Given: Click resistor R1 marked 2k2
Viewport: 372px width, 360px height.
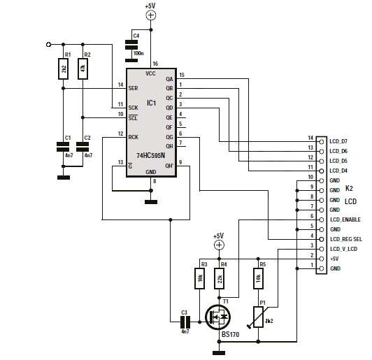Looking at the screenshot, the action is click(64, 69).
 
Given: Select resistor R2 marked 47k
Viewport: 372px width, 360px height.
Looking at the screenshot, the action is click(83, 69).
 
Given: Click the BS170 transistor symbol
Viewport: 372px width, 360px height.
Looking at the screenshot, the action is click(217, 317).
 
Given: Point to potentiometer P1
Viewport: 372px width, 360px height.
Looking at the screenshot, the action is click(258, 317).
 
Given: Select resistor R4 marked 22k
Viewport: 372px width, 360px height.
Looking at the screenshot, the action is click(220, 279).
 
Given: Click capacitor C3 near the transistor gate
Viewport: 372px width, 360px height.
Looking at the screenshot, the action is click(185, 322).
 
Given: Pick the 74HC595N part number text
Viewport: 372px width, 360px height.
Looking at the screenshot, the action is click(150, 156).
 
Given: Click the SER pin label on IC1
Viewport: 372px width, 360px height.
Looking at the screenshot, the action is click(133, 88).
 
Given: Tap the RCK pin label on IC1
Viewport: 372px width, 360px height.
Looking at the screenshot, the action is click(134, 137).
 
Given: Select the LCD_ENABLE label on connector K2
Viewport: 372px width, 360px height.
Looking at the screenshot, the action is click(345, 219).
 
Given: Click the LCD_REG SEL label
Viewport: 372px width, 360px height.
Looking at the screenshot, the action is click(346, 239).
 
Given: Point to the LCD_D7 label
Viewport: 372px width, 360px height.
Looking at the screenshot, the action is click(338, 141).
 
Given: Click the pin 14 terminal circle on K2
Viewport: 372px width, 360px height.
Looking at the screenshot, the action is click(322, 142).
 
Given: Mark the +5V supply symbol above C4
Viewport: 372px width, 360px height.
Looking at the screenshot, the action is click(150, 15).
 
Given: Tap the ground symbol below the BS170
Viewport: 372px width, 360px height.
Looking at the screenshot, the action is click(219, 353).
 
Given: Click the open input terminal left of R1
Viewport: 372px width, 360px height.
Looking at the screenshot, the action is click(48, 44).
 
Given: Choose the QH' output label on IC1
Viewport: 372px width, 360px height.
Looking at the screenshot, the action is click(169, 166).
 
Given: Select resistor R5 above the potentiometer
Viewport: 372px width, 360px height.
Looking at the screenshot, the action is click(258, 279).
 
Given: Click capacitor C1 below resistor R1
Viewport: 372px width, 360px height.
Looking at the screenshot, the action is click(64, 147).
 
